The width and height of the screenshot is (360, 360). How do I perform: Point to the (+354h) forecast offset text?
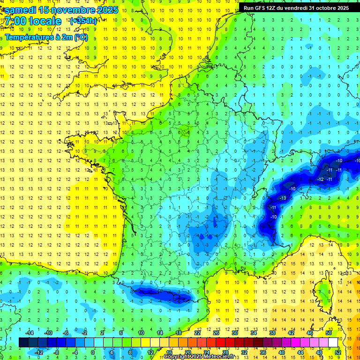[x=83, y=21]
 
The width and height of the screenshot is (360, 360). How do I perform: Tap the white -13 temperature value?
[x=283, y=198]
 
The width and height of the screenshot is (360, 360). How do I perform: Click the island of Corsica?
[x=323, y=291]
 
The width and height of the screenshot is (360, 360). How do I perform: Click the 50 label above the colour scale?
[x=329, y=333]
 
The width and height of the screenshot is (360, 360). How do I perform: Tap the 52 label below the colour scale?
[x=338, y=352]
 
